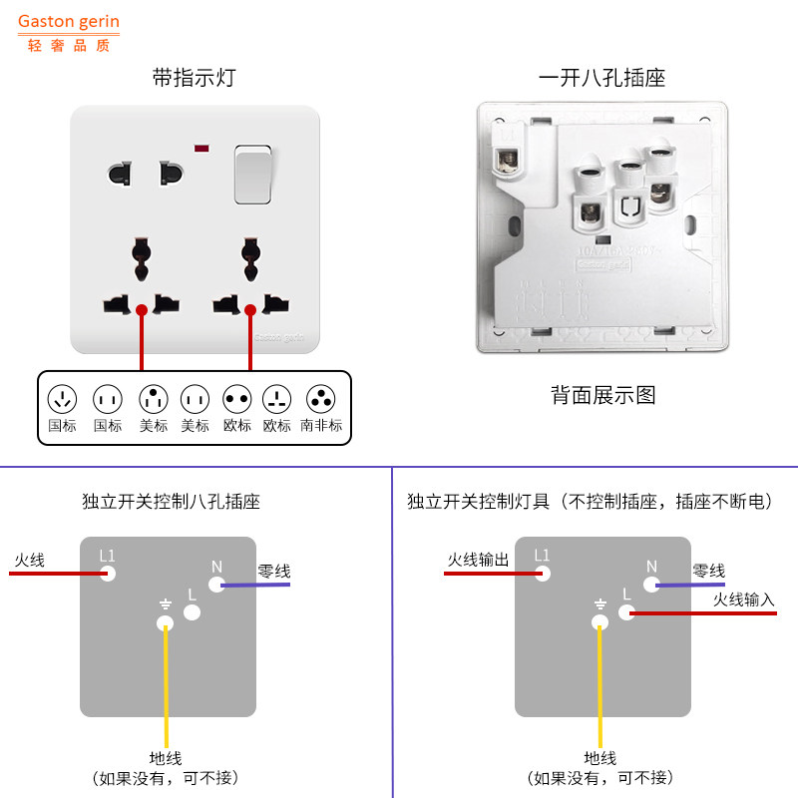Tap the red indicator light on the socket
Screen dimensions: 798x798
tap(202, 150)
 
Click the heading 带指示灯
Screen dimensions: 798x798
tap(195, 77)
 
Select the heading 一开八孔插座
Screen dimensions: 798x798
tap(601, 77)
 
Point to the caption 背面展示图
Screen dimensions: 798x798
tap(603, 395)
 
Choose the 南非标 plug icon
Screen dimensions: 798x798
tap(320, 400)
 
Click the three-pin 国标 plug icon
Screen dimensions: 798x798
tap(63, 400)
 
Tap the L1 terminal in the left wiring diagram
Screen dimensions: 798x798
tap(109, 573)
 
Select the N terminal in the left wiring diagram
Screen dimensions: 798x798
tap(216, 585)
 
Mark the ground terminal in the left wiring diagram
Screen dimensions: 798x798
tap(166, 623)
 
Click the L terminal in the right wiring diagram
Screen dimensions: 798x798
tap(626, 612)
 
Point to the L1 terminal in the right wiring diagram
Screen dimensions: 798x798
tap(543, 573)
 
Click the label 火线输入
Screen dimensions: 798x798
tap(743, 599)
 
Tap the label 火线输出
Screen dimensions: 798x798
tap(478, 560)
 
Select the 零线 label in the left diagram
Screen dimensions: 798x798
tap(274, 572)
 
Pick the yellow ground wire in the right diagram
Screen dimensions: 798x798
tap(600, 688)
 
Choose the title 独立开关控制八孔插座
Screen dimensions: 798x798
tap(171, 502)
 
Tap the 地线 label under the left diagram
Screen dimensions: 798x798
tap(166, 759)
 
